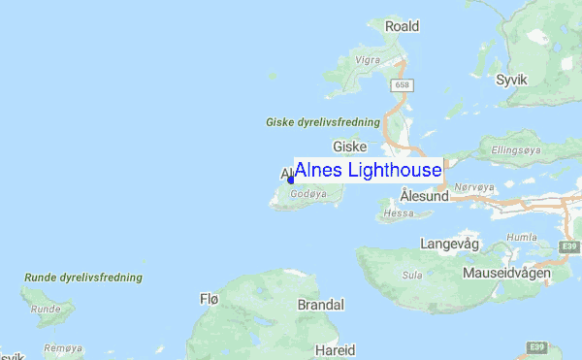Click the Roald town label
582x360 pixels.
pos(402,26)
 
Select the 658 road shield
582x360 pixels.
pos(401,86)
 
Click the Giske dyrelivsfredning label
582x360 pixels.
pos(322,122)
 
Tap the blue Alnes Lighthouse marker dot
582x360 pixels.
pos(290,180)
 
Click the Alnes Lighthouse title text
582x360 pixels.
pos(368,170)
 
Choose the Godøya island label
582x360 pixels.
pos(307,194)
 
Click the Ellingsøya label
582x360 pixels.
pos(518,150)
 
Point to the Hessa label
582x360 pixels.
pos(399,213)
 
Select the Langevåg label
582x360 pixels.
pos(450,243)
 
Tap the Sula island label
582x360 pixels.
pos(411,275)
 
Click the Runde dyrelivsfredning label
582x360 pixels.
pos(82,278)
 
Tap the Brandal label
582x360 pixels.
pos(320,305)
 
